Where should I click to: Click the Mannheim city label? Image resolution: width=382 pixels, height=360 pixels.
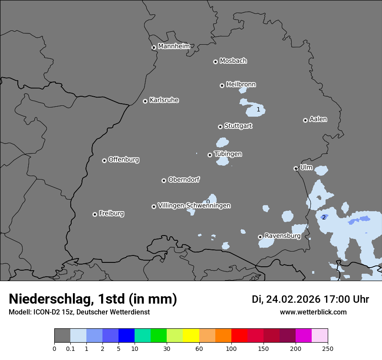174,46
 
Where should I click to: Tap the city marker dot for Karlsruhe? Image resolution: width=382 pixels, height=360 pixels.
145,101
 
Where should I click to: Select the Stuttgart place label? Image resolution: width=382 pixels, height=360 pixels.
238,126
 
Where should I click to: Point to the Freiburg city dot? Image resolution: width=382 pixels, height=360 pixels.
95,214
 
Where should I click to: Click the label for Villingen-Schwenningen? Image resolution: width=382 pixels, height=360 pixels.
194,206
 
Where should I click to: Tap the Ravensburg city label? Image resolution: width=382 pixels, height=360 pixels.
282,236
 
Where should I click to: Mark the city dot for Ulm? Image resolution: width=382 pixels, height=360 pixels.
296,168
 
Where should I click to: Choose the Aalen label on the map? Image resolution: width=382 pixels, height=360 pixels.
318,119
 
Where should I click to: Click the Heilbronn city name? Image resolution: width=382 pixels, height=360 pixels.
241,84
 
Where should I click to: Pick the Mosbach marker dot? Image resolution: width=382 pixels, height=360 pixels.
215,62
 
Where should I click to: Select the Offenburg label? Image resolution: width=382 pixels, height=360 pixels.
124,160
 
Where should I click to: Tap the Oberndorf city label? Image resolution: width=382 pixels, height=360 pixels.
184,180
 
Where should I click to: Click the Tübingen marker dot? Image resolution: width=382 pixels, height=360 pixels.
210,155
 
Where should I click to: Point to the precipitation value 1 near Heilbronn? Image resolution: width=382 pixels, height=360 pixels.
258,109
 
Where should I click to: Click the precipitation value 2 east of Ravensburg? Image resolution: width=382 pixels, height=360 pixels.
323,217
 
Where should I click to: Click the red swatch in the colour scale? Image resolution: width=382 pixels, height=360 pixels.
239,336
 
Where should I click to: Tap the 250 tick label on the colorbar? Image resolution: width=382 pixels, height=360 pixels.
328,348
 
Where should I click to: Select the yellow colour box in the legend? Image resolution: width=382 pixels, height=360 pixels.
191,336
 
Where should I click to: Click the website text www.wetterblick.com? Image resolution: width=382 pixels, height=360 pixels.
313,312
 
